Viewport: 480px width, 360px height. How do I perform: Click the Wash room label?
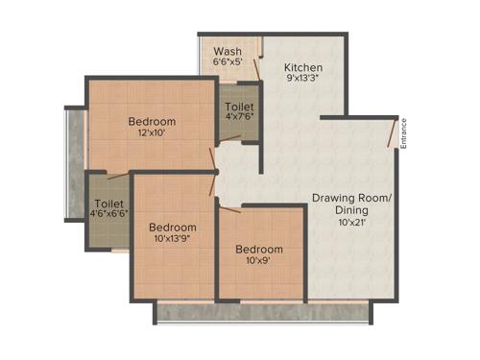(228, 51)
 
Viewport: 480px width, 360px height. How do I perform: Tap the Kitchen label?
(303, 67)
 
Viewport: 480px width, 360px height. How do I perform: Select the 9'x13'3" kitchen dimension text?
(303, 80)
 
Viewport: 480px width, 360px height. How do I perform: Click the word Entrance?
(404, 132)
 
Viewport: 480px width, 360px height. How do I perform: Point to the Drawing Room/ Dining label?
(351, 204)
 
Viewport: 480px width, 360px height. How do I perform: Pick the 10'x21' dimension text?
(351, 222)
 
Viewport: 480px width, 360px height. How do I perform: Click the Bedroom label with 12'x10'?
(152, 121)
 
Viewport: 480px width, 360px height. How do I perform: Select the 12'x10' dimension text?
(152, 133)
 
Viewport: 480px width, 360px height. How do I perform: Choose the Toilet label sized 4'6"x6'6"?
(107, 204)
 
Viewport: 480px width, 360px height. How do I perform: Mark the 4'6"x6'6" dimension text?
(107, 216)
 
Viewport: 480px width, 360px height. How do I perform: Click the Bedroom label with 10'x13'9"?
(173, 228)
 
